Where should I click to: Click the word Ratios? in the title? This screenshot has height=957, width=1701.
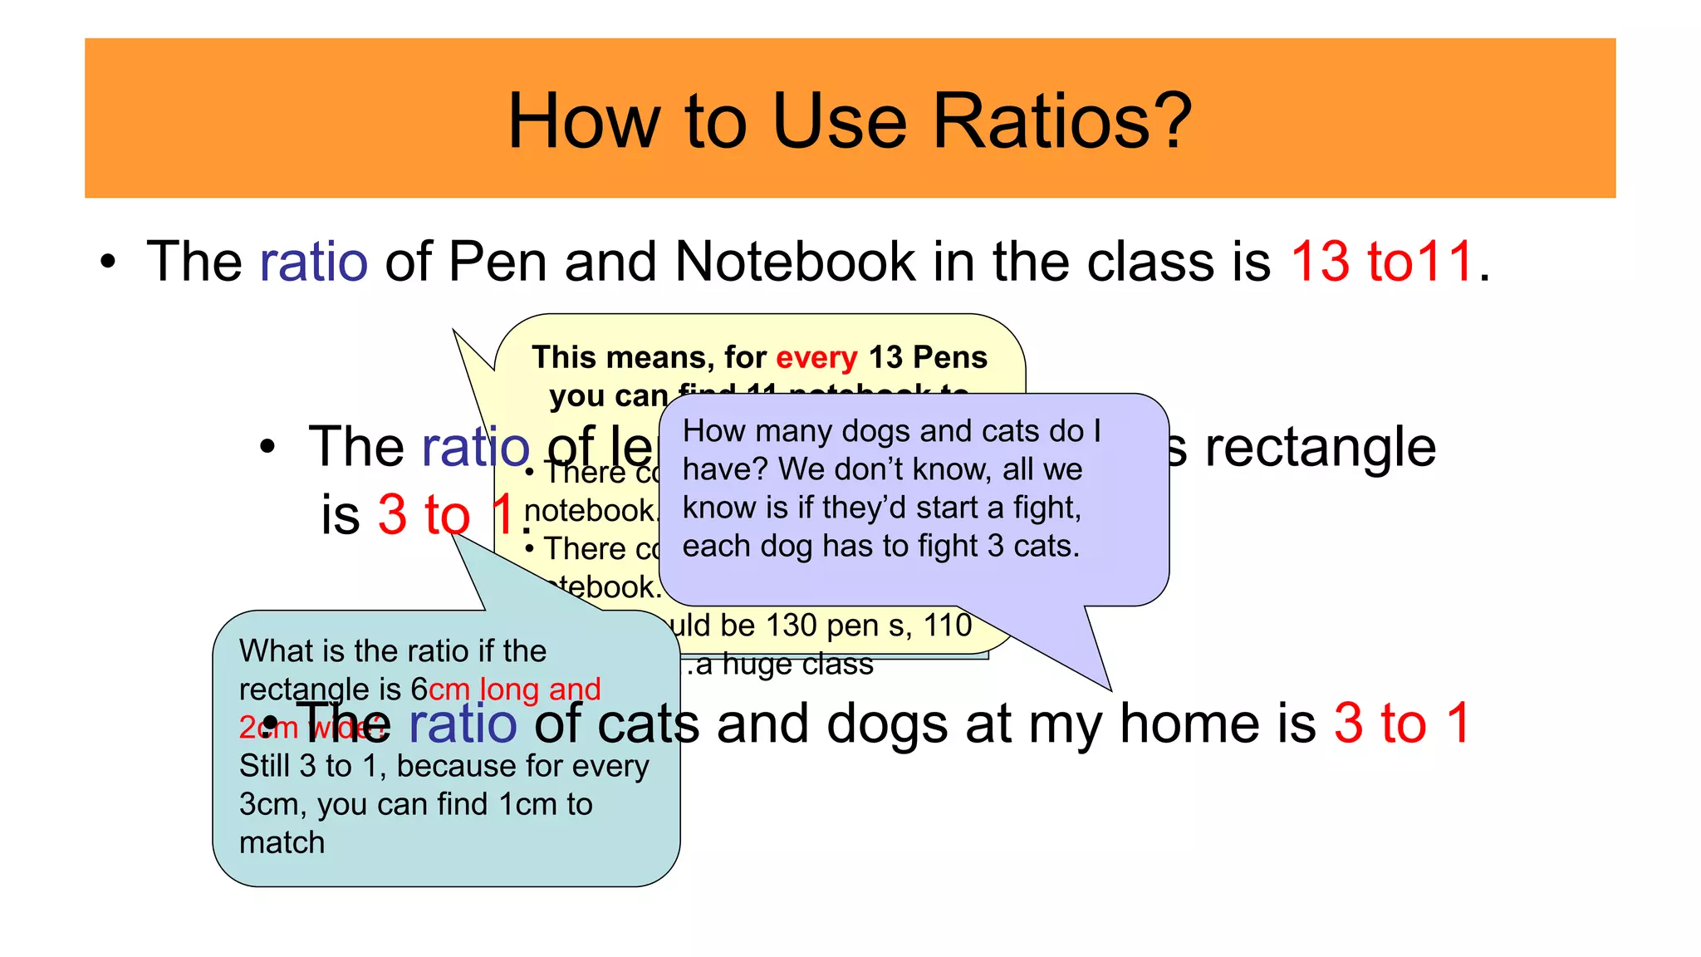1062,121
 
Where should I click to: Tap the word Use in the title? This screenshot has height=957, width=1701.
838,121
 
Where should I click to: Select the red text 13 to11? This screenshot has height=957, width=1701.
1382,261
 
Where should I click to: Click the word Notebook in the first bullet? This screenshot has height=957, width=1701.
795,261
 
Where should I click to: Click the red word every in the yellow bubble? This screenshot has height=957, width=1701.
816,357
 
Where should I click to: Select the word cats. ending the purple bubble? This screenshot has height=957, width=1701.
1047,546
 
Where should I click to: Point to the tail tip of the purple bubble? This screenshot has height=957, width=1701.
1110,689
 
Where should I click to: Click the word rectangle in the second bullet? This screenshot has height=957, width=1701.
1320,447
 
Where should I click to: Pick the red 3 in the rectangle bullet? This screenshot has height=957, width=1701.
392,514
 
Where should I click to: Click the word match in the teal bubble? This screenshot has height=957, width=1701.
282,842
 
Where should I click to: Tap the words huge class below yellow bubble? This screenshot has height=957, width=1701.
797,665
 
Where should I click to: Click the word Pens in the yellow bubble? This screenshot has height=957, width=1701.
950,357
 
